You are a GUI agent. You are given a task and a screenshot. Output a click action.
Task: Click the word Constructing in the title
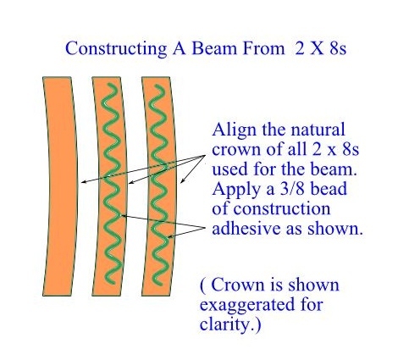[x=116, y=49]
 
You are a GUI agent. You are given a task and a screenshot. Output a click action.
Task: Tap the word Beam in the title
[x=214, y=48]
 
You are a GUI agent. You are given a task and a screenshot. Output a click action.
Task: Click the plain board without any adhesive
[x=60, y=186]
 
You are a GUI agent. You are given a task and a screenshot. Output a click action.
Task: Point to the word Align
[x=235, y=130]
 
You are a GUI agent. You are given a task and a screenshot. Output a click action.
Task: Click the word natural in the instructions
[x=318, y=130]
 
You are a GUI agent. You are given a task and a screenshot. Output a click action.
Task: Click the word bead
[x=329, y=189]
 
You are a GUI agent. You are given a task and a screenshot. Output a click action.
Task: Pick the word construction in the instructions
[x=282, y=208]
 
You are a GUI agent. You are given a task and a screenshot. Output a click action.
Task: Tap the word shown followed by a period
[x=334, y=229]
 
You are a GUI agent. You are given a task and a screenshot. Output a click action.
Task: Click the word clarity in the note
[x=225, y=324]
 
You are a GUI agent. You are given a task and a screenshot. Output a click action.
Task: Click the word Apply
[x=236, y=190]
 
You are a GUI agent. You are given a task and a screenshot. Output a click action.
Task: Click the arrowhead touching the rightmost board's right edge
[x=183, y=180]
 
